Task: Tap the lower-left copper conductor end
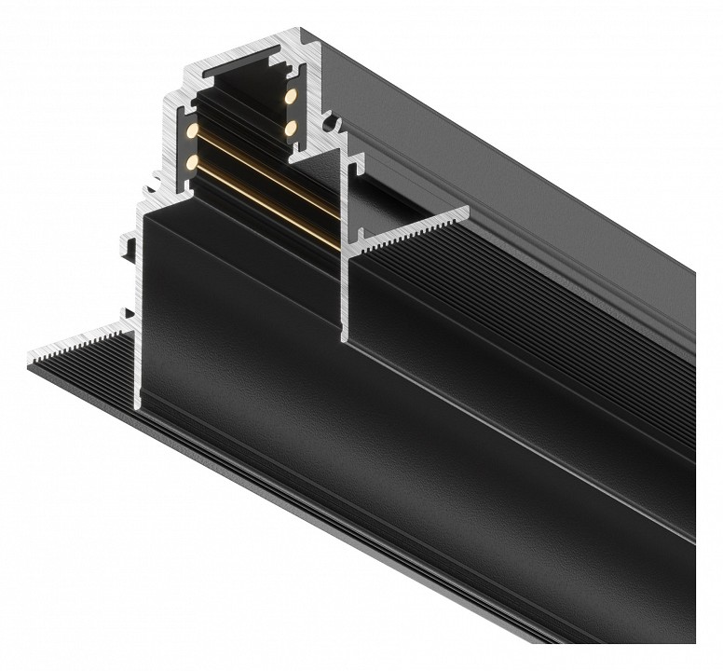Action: click(x=192, y=162)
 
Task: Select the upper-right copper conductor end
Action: click(x=290, y=96)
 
